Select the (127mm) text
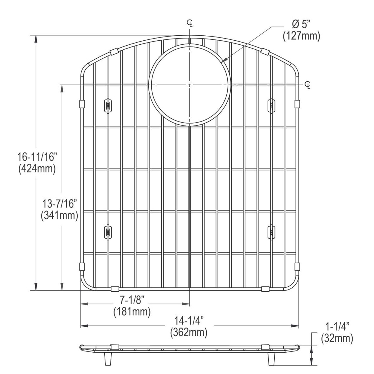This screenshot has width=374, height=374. (x=301, y=36)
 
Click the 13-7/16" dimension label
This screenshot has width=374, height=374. (x=60, y=203)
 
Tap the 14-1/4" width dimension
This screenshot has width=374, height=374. (x=189, y=321)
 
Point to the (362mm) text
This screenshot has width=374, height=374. (x=189, y=333)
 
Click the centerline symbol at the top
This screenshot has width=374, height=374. (x=190, y=23)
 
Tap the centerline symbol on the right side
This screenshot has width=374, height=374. (x=307, y=85)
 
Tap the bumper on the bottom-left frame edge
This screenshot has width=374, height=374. (x=115, y=289)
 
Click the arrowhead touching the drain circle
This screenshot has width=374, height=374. (x=224, y=60)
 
